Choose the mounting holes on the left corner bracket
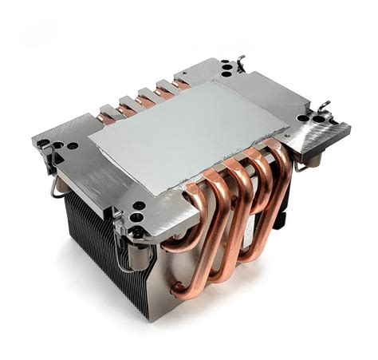pyautogui.click(x=60, y=147)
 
